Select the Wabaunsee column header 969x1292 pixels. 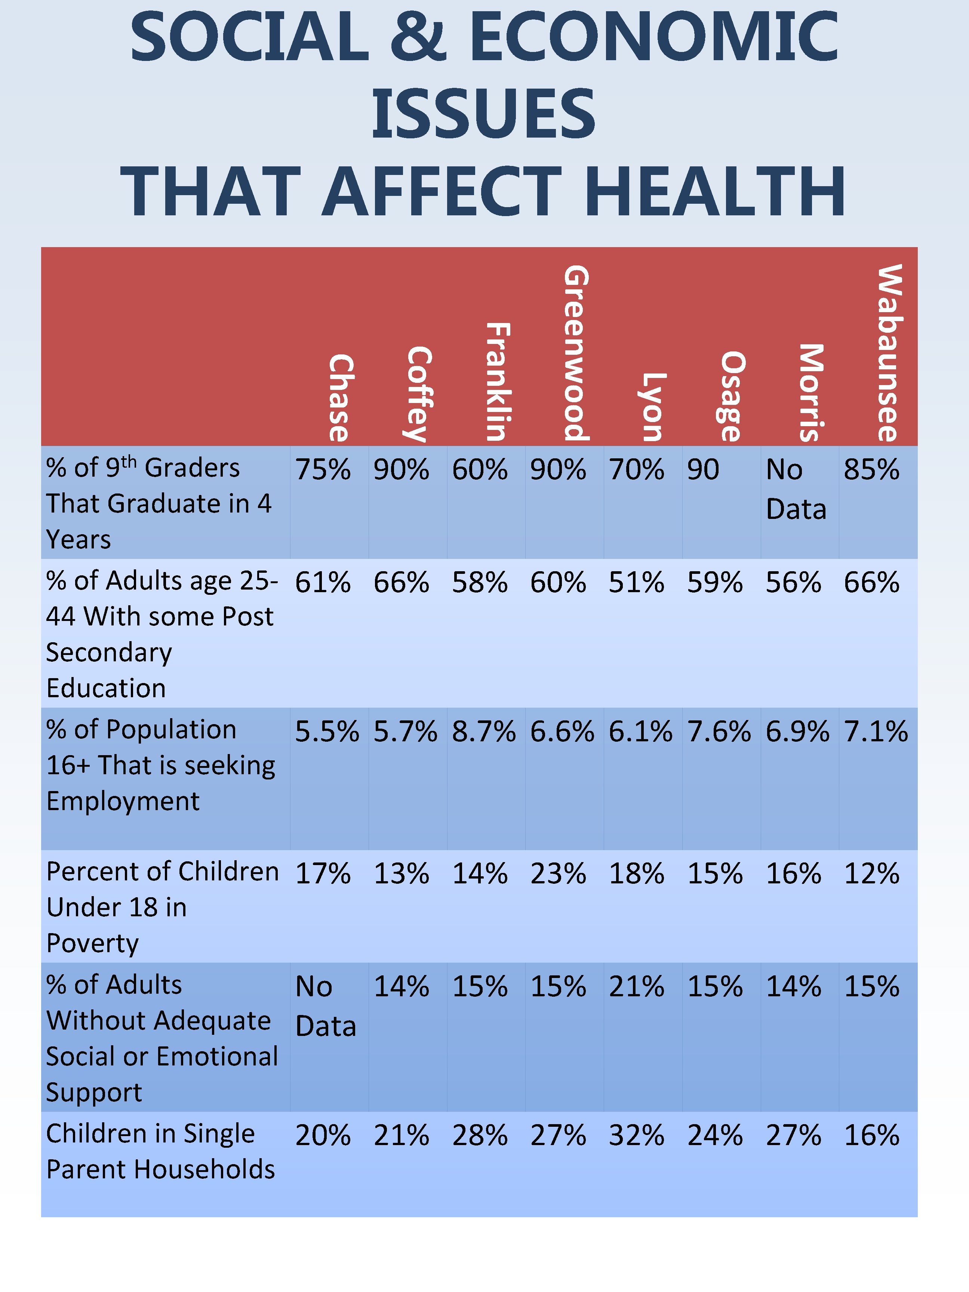[x=890, y=353]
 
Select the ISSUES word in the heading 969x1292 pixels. [x=484, y=114]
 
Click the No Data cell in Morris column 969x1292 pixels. [x=796, y=489]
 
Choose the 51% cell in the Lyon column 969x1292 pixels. [x=636, y=583]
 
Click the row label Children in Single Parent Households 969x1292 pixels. [x=160, y=1152]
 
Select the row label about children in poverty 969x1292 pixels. [x=162, y=907]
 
